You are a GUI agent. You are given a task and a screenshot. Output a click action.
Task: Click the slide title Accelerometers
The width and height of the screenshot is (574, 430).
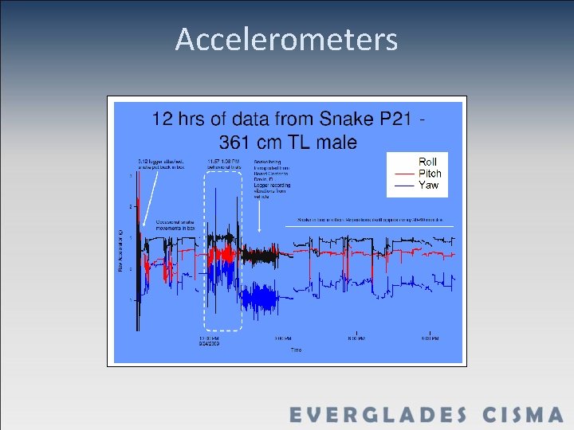286,39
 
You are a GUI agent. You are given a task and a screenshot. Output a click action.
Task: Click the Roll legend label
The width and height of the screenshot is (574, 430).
428,162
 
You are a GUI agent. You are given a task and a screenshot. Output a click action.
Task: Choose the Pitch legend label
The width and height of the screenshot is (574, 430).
431,174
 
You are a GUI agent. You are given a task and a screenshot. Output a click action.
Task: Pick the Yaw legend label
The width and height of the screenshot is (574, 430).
429,186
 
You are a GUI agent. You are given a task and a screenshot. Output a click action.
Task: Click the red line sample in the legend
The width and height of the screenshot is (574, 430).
404,174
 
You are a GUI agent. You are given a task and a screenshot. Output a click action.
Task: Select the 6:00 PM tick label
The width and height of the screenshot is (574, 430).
356,338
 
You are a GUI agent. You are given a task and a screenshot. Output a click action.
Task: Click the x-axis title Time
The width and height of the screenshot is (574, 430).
296,350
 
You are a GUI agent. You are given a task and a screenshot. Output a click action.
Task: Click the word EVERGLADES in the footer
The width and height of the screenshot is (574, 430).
378,415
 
